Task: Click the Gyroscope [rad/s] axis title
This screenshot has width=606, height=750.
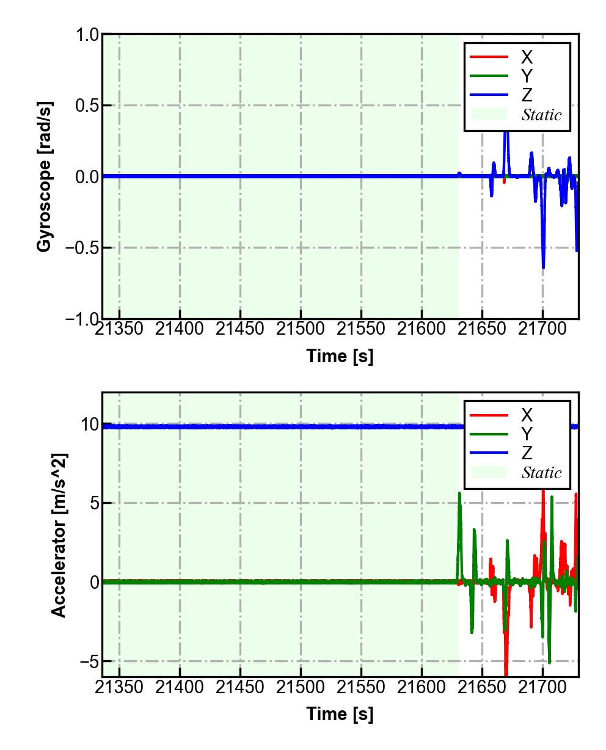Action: [44, 176]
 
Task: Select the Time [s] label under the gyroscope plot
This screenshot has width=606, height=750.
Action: [340, 355]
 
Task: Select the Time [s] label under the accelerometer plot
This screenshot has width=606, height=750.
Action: [340, 713]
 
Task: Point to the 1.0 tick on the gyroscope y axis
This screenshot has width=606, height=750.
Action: [87, 35]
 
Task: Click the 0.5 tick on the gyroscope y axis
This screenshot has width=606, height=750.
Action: [87, 106]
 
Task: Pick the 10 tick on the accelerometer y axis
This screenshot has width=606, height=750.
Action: [90, 424]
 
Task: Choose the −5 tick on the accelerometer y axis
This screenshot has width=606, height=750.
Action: [86, 661]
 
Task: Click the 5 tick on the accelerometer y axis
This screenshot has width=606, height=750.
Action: [94, 504]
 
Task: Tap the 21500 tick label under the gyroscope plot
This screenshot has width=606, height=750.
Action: [300, 329]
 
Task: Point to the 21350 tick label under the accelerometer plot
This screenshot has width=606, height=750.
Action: [119, 687]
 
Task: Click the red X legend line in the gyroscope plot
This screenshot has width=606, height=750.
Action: [489, 57]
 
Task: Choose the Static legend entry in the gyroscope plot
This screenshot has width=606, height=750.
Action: [541, 115]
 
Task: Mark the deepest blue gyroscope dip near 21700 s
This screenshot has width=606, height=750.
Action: [543, 267]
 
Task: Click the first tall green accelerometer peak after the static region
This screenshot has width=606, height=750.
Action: [459, 493]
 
